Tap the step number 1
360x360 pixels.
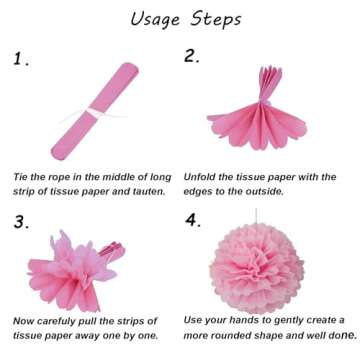[x=21, y=59]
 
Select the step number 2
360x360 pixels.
[x=192, y=56]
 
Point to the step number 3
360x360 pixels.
[x=21, y=222]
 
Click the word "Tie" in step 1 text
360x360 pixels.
[x=22, y=176]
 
